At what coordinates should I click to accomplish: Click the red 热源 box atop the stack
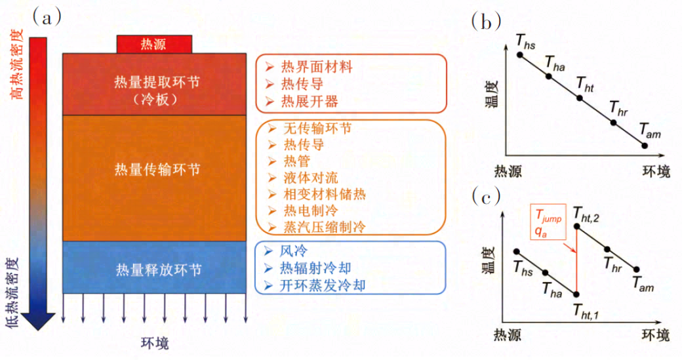coord(154,45)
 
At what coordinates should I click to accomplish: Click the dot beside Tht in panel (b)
coord(580,98)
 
